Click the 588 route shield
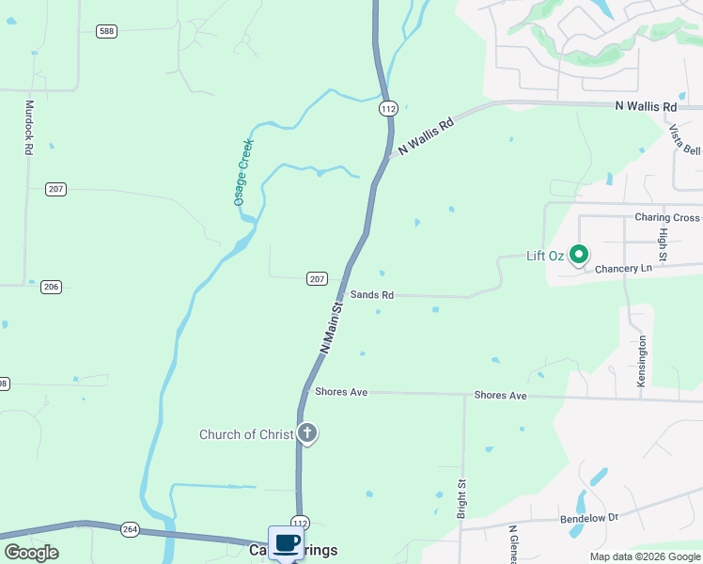click(106, 31)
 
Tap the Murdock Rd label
click(29, 128)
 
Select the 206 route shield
click(51, 287)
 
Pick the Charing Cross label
click(666, 217)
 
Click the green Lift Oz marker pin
click(580, 254)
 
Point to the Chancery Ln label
click(624, 269)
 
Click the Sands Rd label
click(371, 295)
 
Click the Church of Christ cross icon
click(306, 433)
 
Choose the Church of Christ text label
click(246, 434)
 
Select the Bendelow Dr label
click(586, 517)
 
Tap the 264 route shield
click(130, 530)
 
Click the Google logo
click(31, 553)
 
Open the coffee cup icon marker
click(287, 542)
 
